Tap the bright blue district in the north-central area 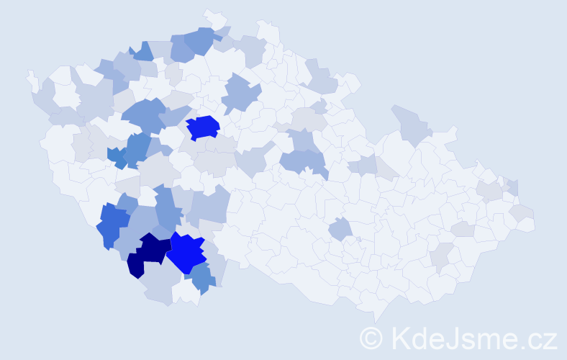tap(203, 127)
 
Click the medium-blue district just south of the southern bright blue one tap(202, 279)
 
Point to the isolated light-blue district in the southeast tap(340, 230)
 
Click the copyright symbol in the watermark tap(371, 338)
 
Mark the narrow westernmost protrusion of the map tap(31, 78)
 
